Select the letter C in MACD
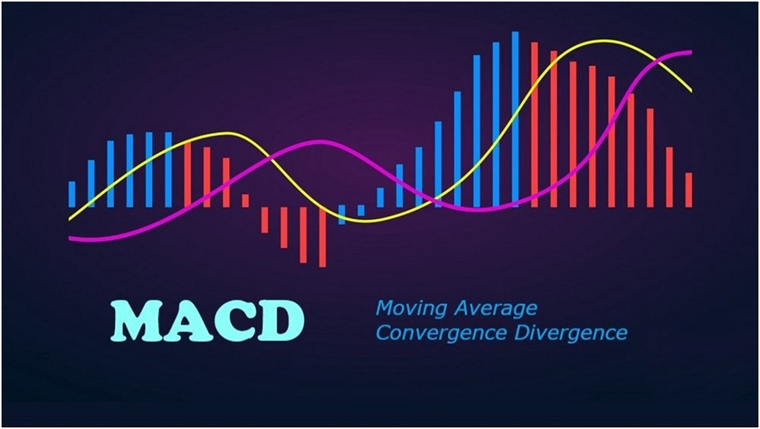coord(233,320)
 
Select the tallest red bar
coord(534,124)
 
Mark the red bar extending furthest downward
coord(322,237)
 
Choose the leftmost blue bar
coord(72,194)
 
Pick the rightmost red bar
coord(688,190)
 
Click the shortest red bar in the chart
coord(245,201)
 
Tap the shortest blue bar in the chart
coord(361,211)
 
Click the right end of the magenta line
coord(689,53)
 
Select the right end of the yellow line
coord(690,90)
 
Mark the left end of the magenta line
coord(70,238)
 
